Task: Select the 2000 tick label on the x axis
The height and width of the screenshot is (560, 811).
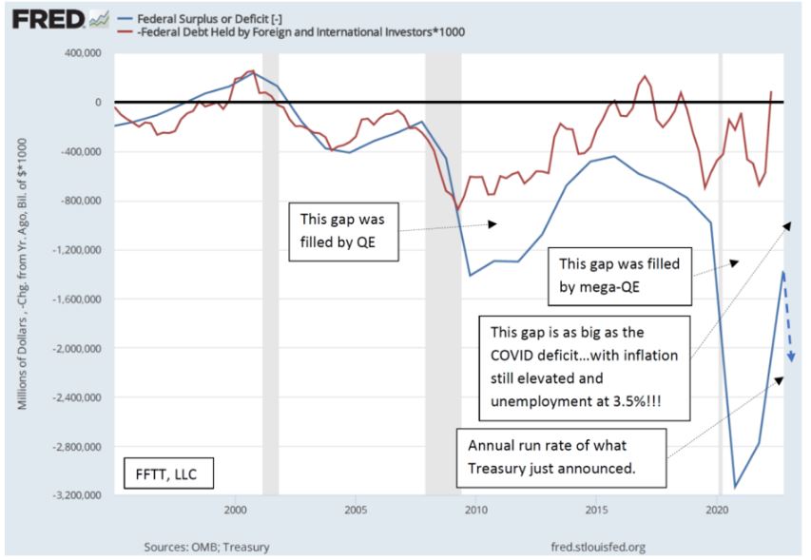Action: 235,510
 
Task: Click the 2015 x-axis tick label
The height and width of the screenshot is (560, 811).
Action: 596,510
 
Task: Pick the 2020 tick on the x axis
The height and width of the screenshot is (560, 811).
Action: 716,510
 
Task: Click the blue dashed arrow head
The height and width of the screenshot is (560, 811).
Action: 790,358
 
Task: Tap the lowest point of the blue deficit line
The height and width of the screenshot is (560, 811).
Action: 735,487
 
